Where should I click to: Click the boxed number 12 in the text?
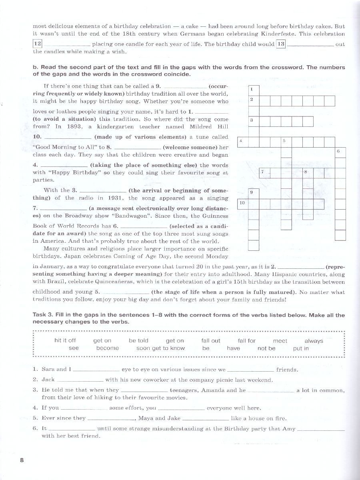pyautogui.click(x=37, y=44)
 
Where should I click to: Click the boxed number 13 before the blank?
pyautogui.click(x=281, y=44)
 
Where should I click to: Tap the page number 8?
pyautogui.click(x=22, y=460)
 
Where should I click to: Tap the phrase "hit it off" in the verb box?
pyautogui.click(x=65, y=340)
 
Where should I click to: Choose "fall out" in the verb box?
pyautogui.click(x=211, y=340)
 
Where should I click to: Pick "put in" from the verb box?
pyautogui.click(x=301, y=348)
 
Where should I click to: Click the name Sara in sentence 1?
pyautogui.click(x=48, y=370)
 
